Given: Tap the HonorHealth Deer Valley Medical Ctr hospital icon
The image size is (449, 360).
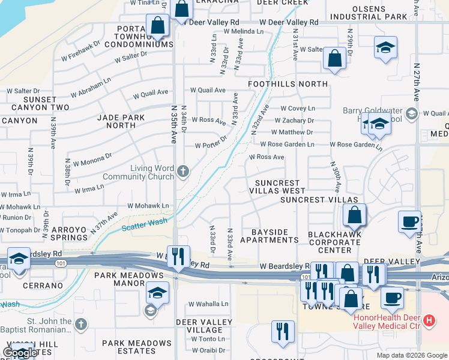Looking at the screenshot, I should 429,321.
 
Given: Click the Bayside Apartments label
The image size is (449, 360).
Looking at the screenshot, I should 269,236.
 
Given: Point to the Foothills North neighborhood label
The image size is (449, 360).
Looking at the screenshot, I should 288,84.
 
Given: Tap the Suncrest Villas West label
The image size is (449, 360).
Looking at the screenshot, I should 277,187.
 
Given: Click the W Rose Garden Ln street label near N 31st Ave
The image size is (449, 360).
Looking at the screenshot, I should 286,145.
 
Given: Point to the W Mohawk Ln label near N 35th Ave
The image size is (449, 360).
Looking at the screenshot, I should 148,206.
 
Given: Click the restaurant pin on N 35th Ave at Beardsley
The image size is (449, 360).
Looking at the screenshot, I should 178,257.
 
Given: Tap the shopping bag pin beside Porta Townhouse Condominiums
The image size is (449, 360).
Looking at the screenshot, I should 157,26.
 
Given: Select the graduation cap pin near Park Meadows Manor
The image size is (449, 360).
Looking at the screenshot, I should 157,292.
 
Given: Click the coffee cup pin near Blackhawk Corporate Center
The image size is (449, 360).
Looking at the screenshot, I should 409,220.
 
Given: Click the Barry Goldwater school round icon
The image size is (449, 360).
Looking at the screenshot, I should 411,113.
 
